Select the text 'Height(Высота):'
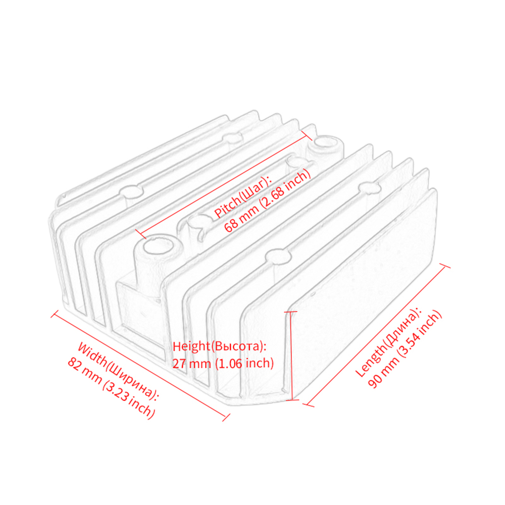click(x=220, y=346)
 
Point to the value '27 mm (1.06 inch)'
click(x=223, y=363)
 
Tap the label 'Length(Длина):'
click(x=388, y=341)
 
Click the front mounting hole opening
click(x=156, y=247)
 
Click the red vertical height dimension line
click(x=291, y=356)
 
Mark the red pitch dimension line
click(x=224, y=184)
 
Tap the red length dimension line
click(x=377, y=335)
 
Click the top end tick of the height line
click(x=291, y=312)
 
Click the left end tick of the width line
click(x=55, y=314)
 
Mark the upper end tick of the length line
click(x=445, y=265)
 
